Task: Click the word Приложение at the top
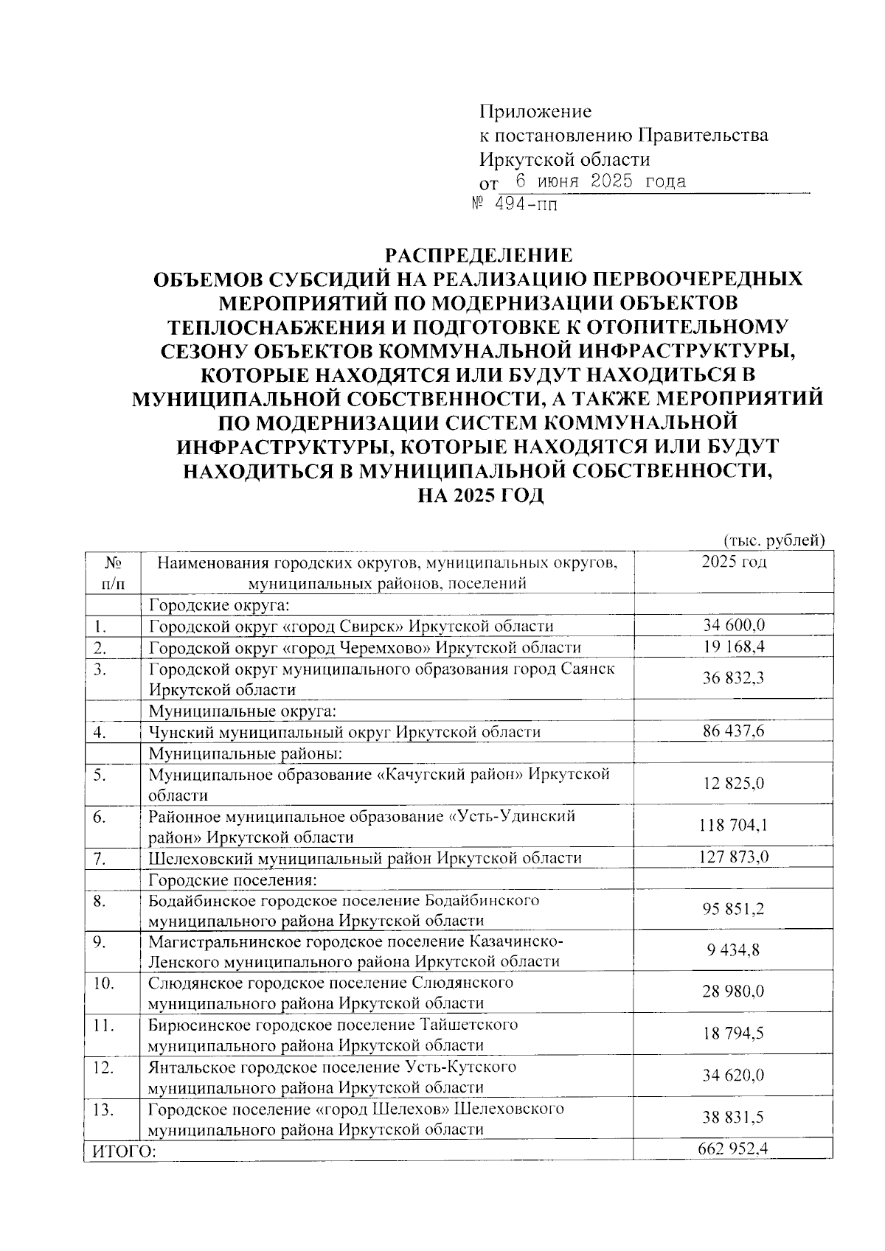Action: pos(535,112)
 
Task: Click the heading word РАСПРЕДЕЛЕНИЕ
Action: pos(479,255)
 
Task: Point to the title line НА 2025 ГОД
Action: pos(480,495)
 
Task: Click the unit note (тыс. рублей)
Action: pos(774,541)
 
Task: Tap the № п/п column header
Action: pos(112,573)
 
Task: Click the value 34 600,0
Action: pos(733,626)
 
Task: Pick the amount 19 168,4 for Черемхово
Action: pos(733,647)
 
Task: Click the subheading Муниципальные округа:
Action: pos(243,711)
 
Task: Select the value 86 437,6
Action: pos(733,731)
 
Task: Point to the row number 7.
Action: pos(101,858)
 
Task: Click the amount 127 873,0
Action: pos(733,857)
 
